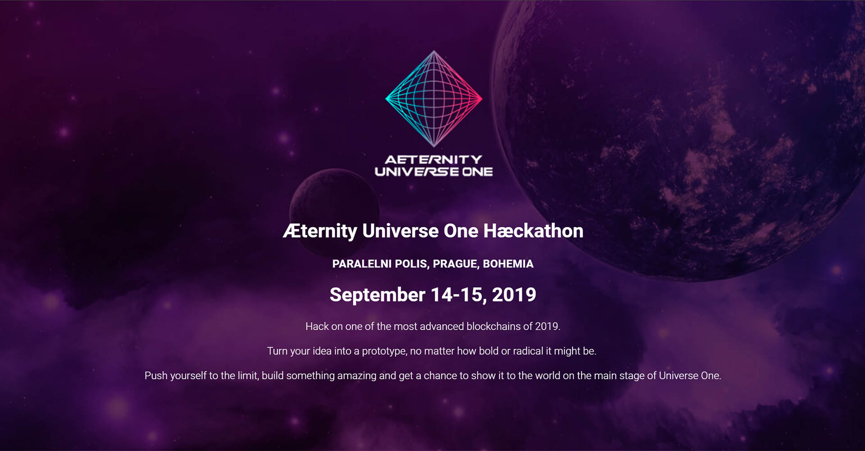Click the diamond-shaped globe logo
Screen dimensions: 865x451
tap(434, 98)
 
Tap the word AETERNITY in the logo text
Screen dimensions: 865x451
tap(433, 160)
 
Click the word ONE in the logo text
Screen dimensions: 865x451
tap(478, 172)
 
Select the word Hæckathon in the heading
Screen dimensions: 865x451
tap(533, 231)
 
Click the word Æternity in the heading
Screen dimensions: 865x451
tap(320, 231)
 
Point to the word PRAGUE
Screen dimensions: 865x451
tap(455, 264)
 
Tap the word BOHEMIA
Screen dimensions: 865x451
tap(508, 264)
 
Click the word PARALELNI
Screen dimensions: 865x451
tap(362, 264)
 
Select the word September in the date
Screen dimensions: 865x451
tap(378, 295)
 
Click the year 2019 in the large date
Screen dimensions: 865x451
tap(514, 295)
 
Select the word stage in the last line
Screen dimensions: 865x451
tap(632, 376)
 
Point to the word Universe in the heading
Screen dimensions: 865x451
tap(401, 231)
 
